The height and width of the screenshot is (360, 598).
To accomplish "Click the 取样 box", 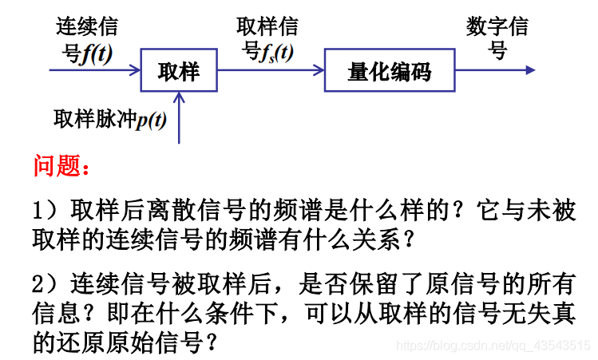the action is tap(178, 71).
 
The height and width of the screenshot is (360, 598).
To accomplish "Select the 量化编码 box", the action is tap(389, 71).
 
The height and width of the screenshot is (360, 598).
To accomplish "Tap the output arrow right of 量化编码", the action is tap(494, 70).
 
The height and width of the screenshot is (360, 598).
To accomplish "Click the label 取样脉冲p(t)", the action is tap(109, 120).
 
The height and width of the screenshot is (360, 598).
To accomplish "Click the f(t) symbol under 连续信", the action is tap(97, 53).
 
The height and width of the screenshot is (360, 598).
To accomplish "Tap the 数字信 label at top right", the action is tap(497, 27).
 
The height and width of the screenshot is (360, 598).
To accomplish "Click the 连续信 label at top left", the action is tap(87, 27).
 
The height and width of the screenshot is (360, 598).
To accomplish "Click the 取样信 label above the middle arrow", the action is tap(267, 27).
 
